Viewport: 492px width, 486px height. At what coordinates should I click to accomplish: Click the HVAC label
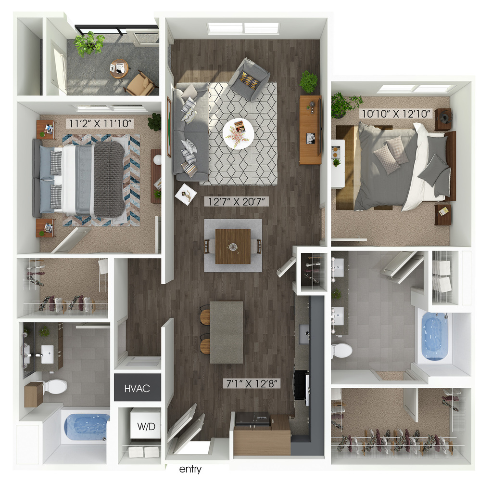[137, 389]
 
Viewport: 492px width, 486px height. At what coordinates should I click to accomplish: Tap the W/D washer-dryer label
[146, 426]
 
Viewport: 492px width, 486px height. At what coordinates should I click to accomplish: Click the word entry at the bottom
[190, 469]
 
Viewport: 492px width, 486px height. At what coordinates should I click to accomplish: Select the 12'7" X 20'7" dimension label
[236, 201]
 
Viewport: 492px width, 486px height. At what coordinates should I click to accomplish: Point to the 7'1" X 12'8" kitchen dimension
[252, 383]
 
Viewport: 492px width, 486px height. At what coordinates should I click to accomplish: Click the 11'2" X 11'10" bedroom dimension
[100, 123]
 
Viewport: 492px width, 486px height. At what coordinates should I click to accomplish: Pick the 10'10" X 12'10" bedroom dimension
[396, 113]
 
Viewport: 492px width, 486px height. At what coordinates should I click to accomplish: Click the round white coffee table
[238, 133]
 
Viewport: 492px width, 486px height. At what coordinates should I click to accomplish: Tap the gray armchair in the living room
[249, 79]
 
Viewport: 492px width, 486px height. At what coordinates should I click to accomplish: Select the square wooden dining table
[233, 246]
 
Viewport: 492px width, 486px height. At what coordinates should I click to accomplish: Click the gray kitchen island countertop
[227, 332]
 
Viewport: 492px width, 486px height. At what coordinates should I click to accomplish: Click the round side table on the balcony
[119, 68]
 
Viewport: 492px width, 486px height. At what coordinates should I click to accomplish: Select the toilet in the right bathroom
[341, 350]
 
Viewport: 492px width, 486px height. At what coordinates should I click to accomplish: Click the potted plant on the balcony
[89, 44]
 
